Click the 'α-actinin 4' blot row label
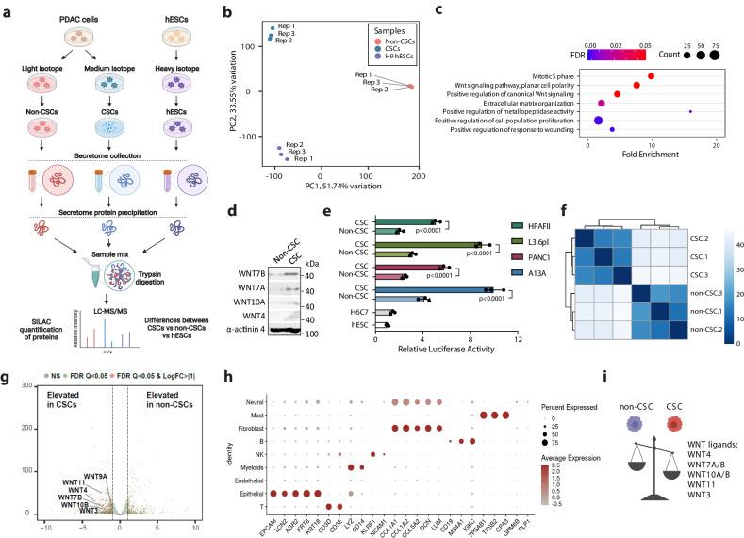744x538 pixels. (x=242, y=330)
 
